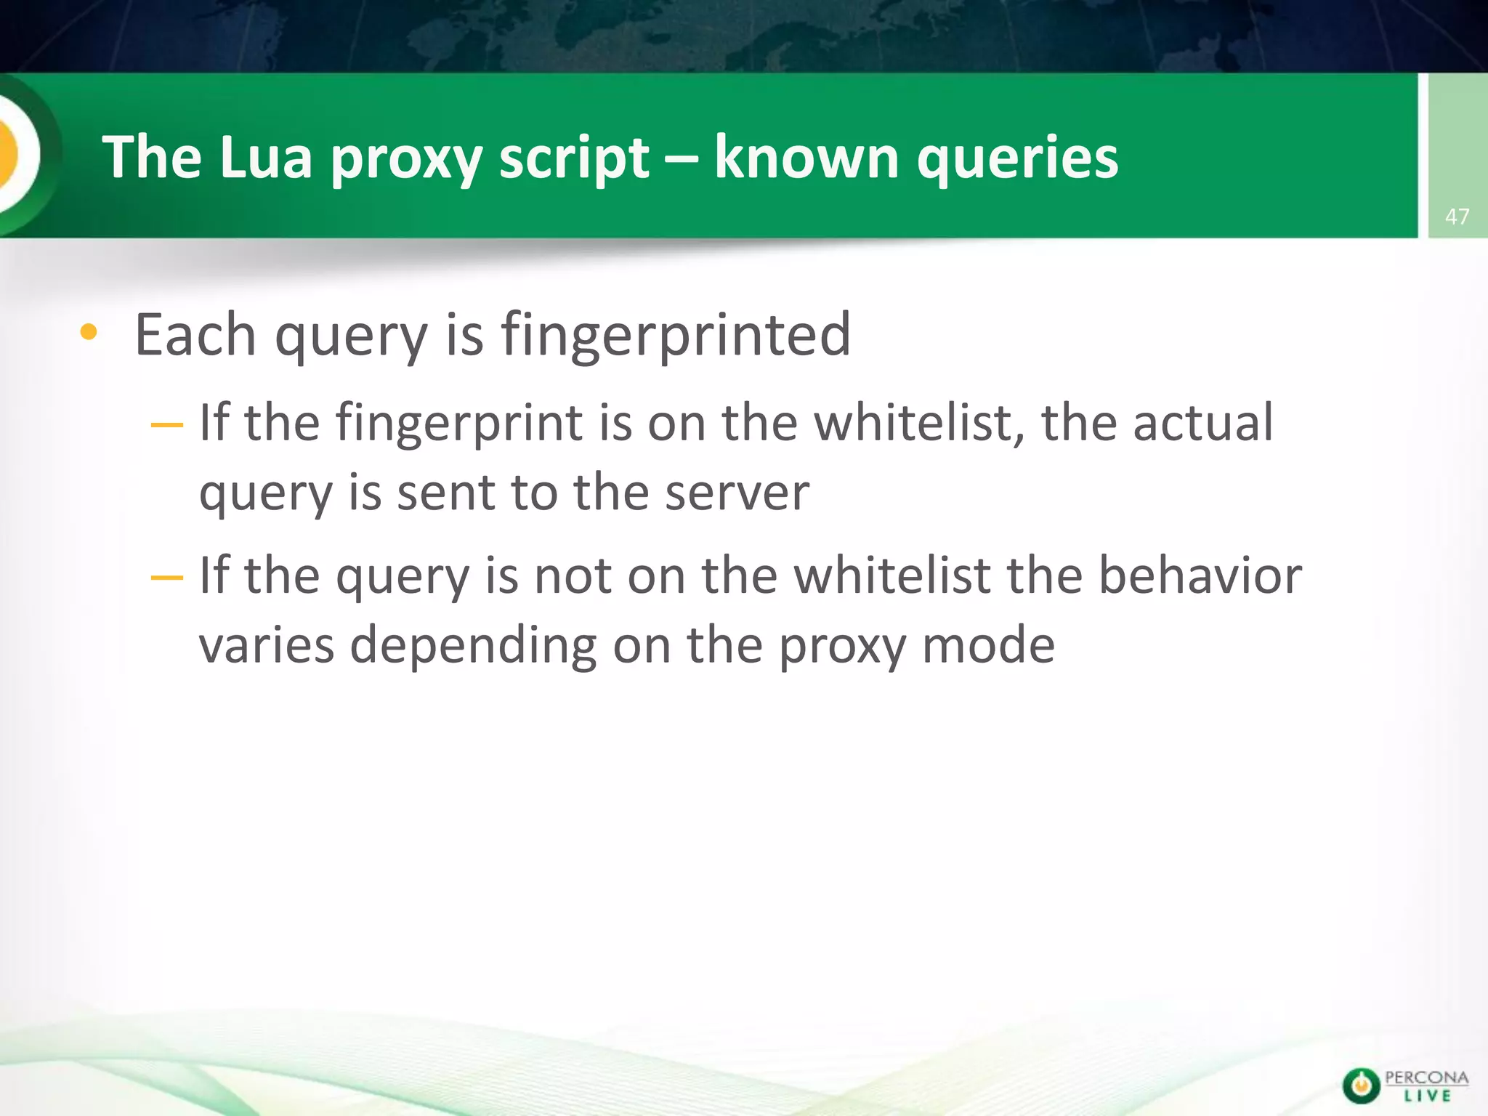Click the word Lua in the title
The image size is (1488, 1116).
tap(266, 157)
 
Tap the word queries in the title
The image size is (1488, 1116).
tap(1017, 158)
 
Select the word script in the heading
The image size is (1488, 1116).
tap(574, 158)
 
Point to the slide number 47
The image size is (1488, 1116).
tap(1457, 217)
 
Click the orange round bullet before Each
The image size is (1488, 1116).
tap(89, 333)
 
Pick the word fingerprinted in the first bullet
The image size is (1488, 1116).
tap(676, 336)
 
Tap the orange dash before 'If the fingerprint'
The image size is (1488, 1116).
tap(166, 424)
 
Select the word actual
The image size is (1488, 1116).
tap(1202, 423)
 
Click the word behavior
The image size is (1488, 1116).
tap(1200, 575)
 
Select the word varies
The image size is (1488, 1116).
tap(266, 645)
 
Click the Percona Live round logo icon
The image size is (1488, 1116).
tap(1361, 1085)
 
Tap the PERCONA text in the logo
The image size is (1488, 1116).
tap(1426, 1077)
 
